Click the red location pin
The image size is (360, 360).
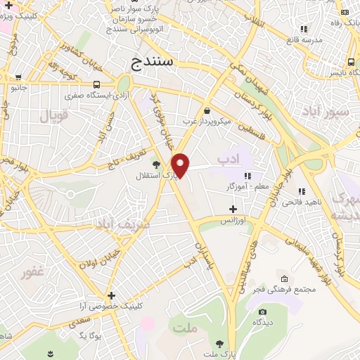pos(181,165)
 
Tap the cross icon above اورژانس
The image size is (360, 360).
pos(233,209)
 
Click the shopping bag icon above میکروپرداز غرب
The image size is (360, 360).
pos(206,111)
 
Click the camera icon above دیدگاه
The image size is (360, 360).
pos(262,311)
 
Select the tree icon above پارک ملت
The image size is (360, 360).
pos(221,343)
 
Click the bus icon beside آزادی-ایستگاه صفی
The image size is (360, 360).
pos(96,85)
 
